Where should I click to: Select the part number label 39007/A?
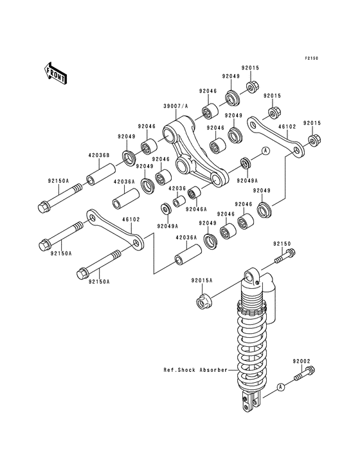coord(177,106)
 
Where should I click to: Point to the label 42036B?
coord(98,155)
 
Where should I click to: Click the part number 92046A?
coord(197,208)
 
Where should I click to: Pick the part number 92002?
coord(303,362)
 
